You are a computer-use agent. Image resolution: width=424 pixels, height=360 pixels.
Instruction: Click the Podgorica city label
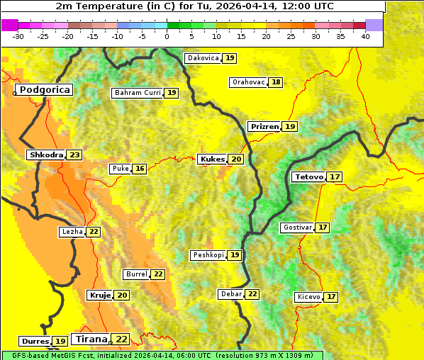point(44,90)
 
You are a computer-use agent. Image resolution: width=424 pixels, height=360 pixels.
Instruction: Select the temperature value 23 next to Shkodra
point(75,154)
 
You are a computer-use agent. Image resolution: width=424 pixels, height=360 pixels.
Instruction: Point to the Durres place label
point(35,342)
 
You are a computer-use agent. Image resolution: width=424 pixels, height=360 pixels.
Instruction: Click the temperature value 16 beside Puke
point(140,169)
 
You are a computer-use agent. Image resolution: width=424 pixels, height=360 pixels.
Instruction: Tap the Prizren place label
point(264,126)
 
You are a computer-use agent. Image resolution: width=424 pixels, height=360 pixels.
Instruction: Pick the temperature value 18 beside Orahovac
point(276,82)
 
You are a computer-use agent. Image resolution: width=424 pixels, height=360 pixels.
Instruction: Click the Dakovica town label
point(202,58)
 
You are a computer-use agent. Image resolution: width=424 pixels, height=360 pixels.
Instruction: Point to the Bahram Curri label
point(138,93)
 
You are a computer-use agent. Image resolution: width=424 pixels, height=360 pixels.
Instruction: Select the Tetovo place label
point(309,176)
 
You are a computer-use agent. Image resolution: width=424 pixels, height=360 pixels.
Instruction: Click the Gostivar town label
point(297,227)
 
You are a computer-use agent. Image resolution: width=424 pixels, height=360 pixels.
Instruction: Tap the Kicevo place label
point(308,296)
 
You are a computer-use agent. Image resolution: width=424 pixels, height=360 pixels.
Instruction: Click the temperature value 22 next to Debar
point(252,294)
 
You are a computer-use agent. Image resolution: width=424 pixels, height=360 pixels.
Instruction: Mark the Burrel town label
point(136,274)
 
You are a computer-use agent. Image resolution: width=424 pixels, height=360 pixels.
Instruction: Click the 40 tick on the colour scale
point(365,36)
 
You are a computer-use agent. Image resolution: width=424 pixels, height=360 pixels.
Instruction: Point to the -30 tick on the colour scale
point(18,36)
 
